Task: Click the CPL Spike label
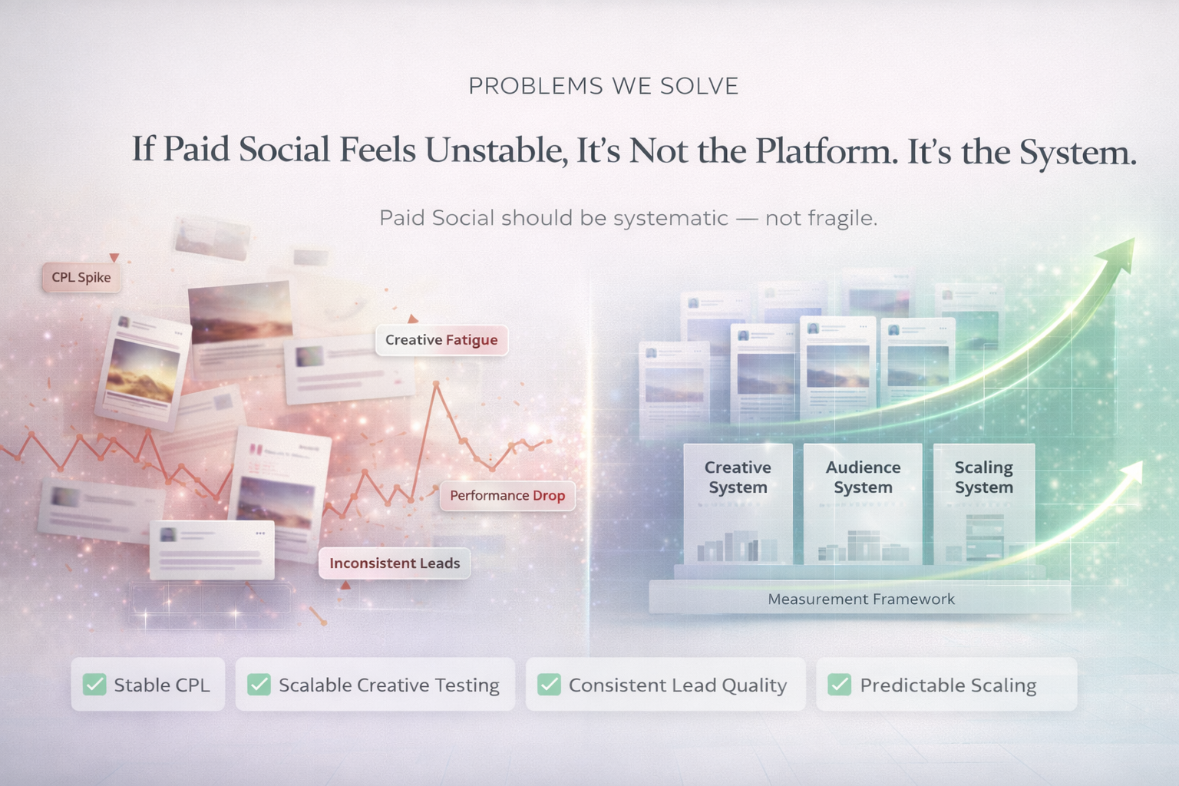[81, 277]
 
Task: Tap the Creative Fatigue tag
[441, 340]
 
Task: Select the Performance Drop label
[507, 495]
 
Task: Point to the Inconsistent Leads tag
[395, 563]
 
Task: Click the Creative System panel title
[738, 477]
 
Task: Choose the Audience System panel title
[864, 477]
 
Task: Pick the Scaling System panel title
[984, 477]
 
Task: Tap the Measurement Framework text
[861, 599]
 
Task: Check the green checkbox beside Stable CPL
[94, 685]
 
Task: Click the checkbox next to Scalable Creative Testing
[259, 685]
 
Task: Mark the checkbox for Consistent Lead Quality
[549, 685]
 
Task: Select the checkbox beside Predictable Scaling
[840, 685]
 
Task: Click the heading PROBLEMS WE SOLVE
[604, 86]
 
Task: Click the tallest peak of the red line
[436, 385]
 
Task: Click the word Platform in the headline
[827, 151]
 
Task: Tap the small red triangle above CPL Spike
[114, 257]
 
